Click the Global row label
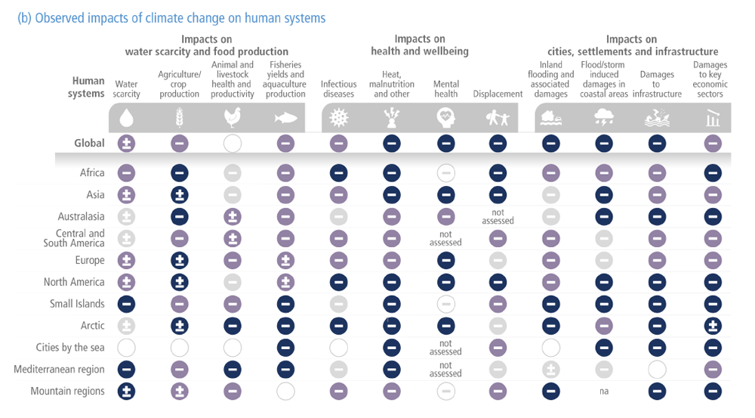pos(89,144)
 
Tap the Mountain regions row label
pos(67,392)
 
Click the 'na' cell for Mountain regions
pos(604,392)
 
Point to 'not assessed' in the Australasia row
pos(498,217)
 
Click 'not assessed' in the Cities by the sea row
pos(445,348)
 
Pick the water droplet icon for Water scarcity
pos(126,118)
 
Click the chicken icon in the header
pos(233,118)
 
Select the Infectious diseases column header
pos(338,89)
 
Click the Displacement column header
pos(498,94)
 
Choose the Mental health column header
pos(445,89)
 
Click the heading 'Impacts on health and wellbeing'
pos(419,45)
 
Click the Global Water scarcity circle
pos(126,144)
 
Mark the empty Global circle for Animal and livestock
pos(233,144)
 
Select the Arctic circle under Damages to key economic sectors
pos(712,326)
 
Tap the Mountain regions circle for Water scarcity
pos(126,392)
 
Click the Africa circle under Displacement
pos(498,173)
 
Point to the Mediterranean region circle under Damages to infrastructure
pos(657,370)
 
